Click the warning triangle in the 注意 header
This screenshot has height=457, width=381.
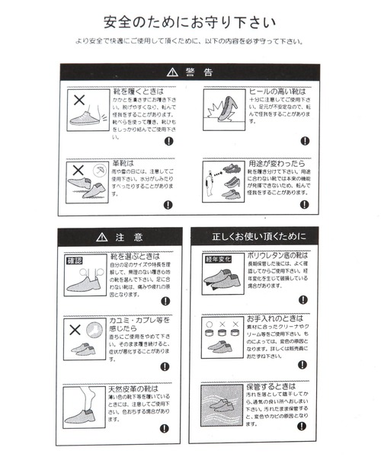101,237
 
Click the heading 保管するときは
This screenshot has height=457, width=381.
272,387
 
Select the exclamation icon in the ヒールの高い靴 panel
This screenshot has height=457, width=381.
305,141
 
